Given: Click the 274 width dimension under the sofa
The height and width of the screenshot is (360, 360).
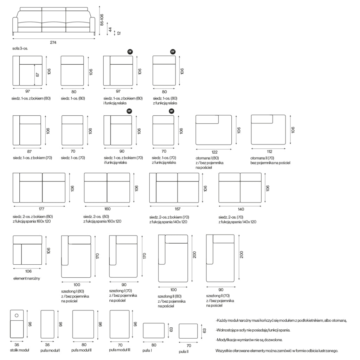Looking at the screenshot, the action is pos(53,43).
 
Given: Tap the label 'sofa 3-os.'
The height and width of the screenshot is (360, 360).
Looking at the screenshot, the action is pos(20,49).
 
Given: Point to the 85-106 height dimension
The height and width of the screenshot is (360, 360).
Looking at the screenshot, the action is pos(102,20).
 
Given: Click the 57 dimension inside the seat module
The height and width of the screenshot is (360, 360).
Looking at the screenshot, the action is pos(38,75).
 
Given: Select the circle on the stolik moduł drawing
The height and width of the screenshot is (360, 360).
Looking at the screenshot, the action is pos(17,315).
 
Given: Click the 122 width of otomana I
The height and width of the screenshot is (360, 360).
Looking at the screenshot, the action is pos(214,152).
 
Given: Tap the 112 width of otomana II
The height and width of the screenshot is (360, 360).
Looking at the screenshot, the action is pos(270,152).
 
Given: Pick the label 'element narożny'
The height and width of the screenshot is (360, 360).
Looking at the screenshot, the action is pos(27,278).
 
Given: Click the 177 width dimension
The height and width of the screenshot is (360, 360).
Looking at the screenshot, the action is pos(41,209).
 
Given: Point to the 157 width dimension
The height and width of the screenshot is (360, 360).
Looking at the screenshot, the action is pos(178,209).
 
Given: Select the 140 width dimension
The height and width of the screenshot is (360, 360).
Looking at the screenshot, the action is pos(241,209).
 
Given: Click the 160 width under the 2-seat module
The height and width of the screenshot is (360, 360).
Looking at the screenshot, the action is pos(108,209).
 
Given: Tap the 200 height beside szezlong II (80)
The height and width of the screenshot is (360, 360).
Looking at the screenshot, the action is pos(195,255).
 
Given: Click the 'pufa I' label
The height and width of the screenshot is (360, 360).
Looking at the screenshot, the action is pos(147,351).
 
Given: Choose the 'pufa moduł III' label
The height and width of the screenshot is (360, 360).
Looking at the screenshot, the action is pos(120,350).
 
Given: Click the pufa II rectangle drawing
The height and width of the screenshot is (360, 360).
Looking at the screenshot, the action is pos(188,331).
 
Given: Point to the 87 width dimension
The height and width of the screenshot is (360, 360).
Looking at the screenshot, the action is pos(30,152).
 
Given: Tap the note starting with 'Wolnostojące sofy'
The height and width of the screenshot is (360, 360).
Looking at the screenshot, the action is pos(253,330).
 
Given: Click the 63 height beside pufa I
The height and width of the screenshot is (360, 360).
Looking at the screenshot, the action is pos(171,330).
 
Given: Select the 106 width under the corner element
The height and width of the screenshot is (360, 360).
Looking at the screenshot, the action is pos(28,271).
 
